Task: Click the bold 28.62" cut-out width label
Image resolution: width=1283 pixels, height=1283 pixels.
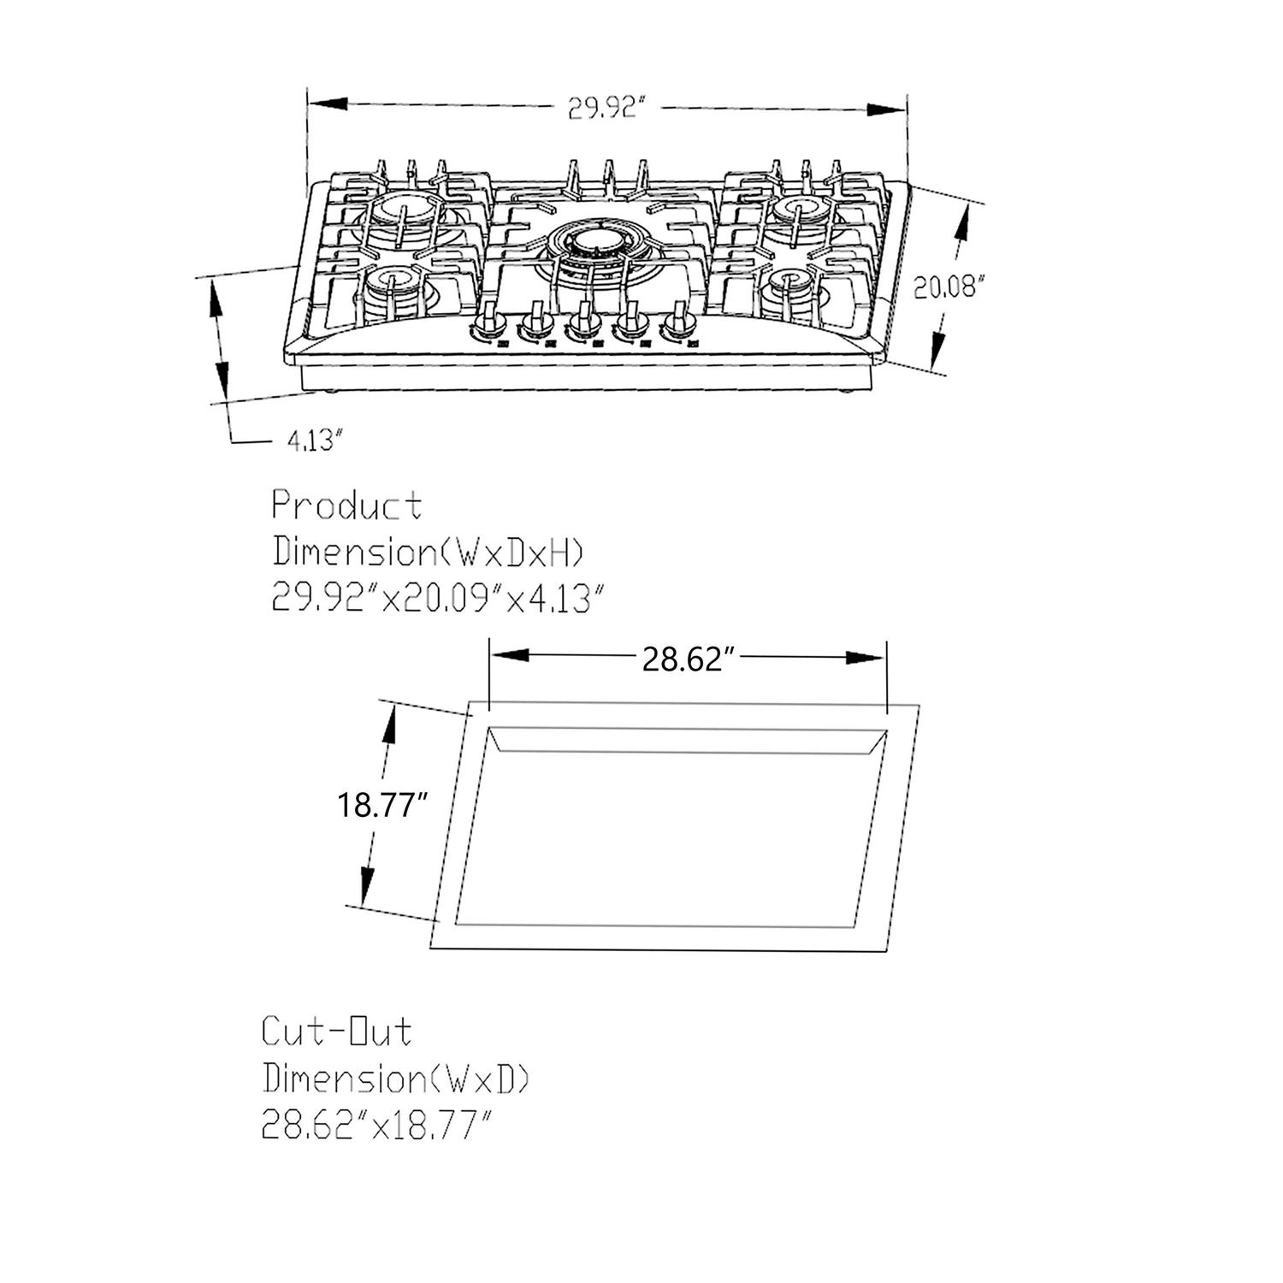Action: (x=689, y=659)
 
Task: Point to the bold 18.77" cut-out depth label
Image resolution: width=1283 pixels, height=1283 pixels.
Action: (x=381, y=805)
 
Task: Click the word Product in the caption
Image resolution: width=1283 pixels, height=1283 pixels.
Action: (x=346, y=506)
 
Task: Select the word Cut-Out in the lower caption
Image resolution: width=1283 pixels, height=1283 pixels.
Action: (x=336, y=1032)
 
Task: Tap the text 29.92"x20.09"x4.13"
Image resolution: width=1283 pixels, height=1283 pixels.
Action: (x=443, y=598)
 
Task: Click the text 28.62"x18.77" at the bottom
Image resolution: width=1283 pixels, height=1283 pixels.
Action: (x=377, y=1125)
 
